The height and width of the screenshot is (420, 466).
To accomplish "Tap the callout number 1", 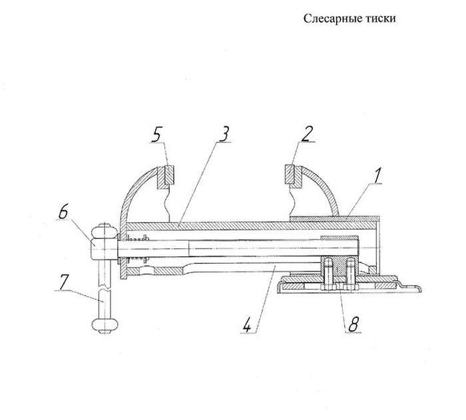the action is (x=377, y=176).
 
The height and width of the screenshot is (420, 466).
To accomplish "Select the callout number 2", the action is (x=307, y=134).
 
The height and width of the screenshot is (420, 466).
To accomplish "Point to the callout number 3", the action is (x=224, y=134).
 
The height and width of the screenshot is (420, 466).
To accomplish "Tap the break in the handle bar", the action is (x=104, y=288).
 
